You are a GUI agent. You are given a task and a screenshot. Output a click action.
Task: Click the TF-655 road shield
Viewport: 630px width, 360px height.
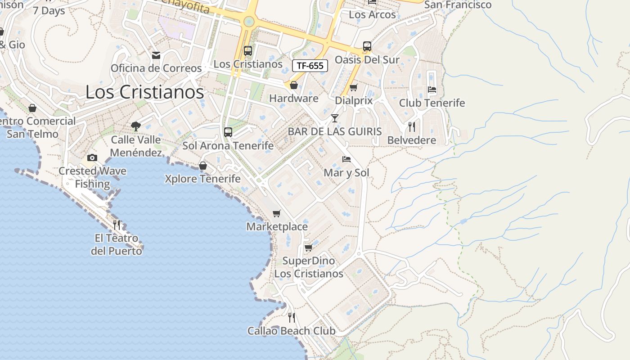310,66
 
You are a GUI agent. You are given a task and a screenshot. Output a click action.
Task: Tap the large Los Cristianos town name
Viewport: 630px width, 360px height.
144,92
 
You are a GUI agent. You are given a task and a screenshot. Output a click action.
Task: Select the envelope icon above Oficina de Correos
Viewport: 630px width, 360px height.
156,55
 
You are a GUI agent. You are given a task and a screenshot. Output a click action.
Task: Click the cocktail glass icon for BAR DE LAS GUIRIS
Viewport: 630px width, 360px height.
334,118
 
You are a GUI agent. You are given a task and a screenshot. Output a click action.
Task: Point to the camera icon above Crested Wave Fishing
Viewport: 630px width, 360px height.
92,157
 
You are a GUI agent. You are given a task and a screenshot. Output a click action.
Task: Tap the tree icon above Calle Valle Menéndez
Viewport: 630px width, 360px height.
135,126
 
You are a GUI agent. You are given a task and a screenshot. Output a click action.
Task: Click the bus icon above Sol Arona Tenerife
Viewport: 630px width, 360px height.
228,132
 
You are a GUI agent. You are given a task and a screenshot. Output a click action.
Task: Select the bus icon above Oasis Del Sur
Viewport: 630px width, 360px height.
367,46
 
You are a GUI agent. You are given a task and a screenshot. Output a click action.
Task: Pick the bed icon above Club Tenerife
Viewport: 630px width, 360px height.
432,89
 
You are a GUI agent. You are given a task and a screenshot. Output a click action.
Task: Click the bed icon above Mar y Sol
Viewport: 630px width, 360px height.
346,159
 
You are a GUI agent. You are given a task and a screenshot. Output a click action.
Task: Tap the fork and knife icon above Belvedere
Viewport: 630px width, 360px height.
412,127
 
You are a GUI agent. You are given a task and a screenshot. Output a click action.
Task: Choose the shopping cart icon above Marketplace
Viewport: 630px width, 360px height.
277,213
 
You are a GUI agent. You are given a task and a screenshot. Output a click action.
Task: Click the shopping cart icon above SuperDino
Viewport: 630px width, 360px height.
309,247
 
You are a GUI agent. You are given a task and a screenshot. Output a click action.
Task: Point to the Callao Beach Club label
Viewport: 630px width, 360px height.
291,331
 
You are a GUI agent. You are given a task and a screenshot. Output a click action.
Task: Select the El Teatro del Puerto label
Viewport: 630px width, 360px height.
117,244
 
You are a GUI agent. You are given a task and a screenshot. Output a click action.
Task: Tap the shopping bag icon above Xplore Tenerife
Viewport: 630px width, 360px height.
202,166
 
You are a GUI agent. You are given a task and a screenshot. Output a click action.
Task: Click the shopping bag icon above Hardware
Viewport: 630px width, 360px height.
294,85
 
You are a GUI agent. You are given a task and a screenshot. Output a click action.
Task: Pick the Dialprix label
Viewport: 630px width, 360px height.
354,101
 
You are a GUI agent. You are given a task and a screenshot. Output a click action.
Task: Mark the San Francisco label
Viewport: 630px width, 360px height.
458,5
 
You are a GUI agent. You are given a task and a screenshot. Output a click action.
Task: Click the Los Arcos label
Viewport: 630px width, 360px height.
372,14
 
